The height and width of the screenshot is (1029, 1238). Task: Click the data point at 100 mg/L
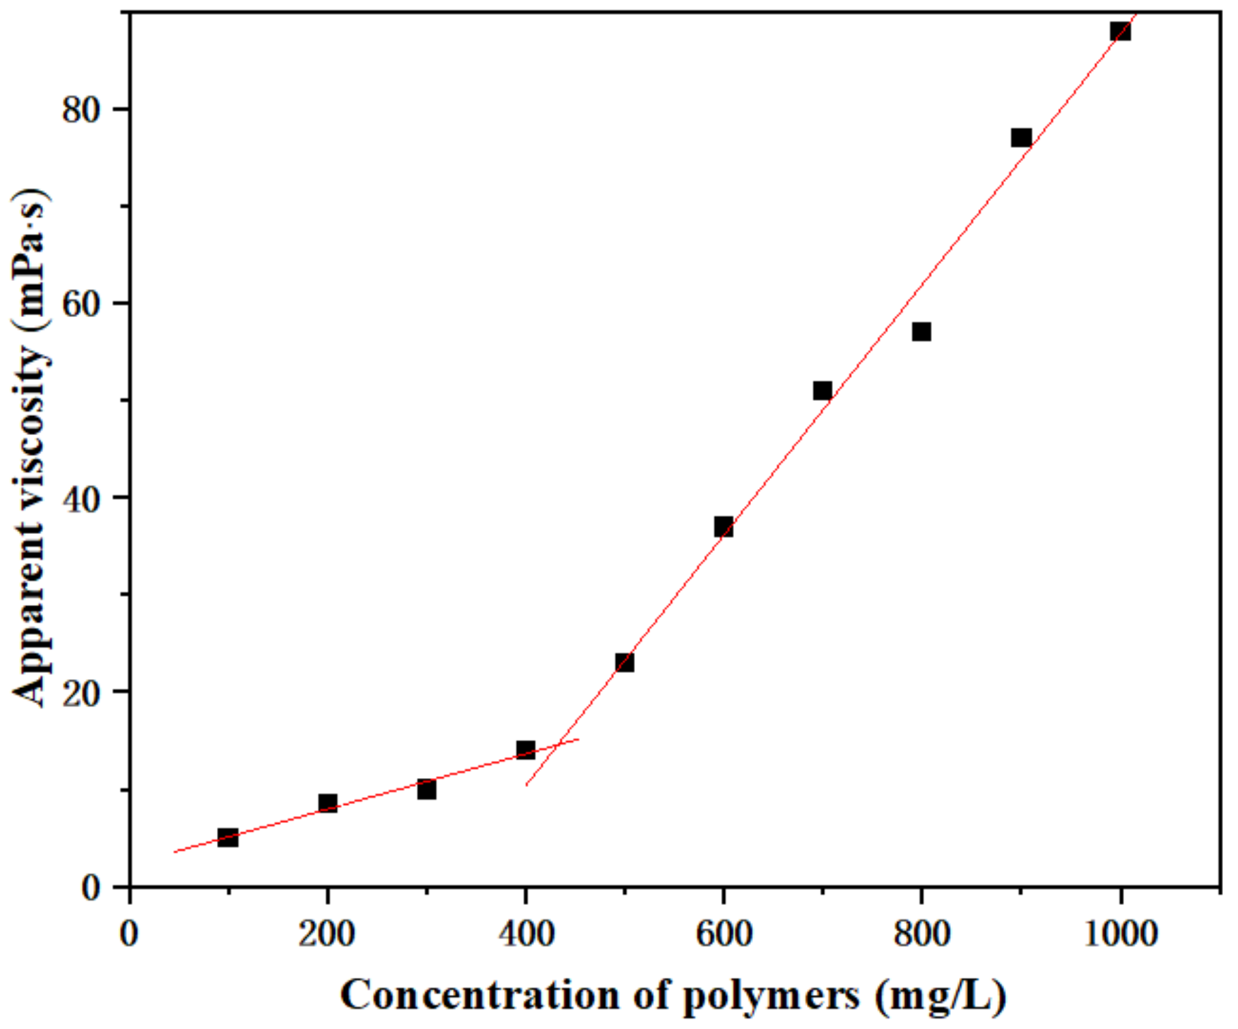pyautogui.click(x=228, y=837)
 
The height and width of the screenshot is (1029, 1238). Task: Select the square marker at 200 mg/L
pyautogui.click(x=327, y=803)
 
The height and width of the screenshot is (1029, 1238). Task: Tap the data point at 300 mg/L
pyautogui.click(x=426, y=790)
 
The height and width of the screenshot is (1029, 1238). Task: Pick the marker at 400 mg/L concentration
pyautogui.click(x=525, y=749)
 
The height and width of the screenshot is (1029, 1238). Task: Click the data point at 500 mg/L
pyautogui.click(x=624, y=662)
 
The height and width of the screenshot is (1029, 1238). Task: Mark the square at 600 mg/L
pyautogui.click(x=723, y=526)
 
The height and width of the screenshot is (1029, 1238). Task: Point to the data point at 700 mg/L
pyautogui.click(x=822, y=390)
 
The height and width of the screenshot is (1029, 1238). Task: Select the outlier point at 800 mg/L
pyautogui.click(x=921, y=331)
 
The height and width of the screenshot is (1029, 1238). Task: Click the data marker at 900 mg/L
pyautogui.click(x=1020, y=138)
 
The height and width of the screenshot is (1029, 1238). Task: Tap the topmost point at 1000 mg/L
pyautogui.click(x=1119, y=31)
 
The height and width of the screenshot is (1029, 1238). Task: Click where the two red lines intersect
pyautogui.click(x=556, y=745)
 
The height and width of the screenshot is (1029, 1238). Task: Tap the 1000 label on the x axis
pyautogui.click(x=1120, y=933)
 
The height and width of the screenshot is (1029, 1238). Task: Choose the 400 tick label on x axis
pyautogui.click(x=525, y=933)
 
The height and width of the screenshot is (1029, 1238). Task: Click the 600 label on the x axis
pyautogui.click(x=723, y=933)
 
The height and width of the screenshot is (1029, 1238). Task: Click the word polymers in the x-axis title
pyautogui.click(x=771, y=996)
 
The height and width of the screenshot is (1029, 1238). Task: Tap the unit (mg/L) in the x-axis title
pyautogui.click(x=941, y=996)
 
